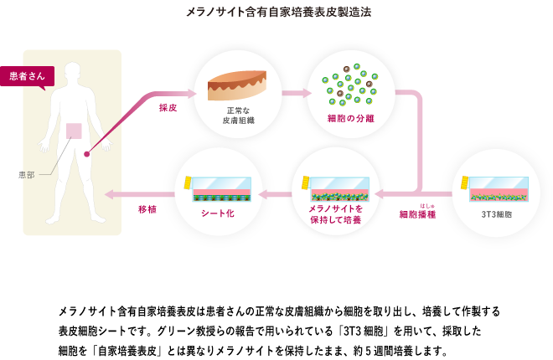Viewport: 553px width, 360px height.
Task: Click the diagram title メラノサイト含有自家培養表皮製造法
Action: coord(277,13)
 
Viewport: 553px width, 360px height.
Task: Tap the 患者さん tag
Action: coord(27,76)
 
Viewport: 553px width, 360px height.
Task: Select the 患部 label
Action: coord(27,175)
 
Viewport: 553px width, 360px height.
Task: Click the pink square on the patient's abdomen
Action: coord(75,131)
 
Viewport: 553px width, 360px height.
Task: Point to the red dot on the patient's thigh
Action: coord(86,154)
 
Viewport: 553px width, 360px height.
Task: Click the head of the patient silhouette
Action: coord(73,73)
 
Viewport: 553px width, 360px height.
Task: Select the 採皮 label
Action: coord(168,108)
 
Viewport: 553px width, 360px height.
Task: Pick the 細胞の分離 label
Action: coord(350,119)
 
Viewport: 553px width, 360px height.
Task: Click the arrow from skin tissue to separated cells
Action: coord(296,93)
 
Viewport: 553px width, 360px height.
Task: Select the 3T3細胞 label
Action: coord(496,214)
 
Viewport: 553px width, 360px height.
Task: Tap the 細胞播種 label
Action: coord(417,214)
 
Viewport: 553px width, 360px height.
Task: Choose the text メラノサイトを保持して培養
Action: coord(335,213)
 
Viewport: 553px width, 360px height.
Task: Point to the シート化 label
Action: coord(218,213)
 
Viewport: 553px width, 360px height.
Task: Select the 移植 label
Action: coord(147,209)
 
